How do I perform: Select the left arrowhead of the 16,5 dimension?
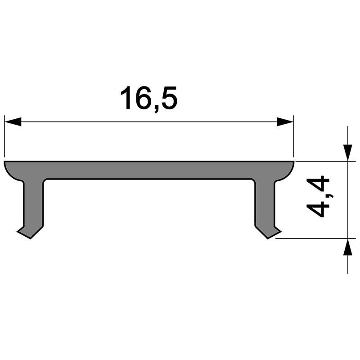[x=13, y=121]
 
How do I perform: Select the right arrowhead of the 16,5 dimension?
[x=285, y=121]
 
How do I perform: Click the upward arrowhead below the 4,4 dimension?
[x=348, y=247]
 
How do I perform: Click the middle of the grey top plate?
[x=148, y=170]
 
